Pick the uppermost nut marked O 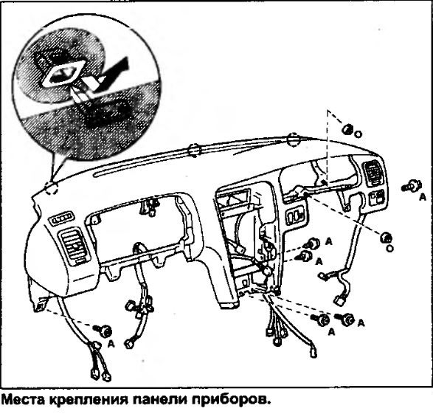click(x=347, y=129)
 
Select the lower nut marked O click(x=386, y=238)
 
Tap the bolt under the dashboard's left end click(x=103, y=331)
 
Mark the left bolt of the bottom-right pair click(x=320, y=320)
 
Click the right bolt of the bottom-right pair click(x=344, y=319)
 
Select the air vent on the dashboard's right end click(x=373, y=173)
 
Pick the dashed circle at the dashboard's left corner click(x=52, y=188)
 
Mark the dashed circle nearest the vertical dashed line click(x=294, y=140)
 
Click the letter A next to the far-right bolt click(x=423, y=197)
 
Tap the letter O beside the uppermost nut click(x=358, y=134)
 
